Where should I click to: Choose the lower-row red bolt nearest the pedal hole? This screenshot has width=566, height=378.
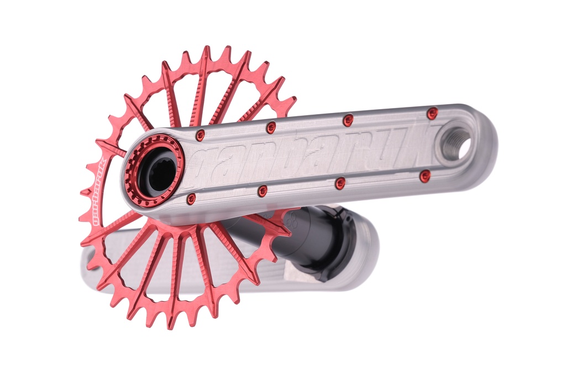coord(424,176)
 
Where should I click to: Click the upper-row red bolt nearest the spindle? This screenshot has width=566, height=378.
coord(200,135)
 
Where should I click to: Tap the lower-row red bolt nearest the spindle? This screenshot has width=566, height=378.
coord(191,198)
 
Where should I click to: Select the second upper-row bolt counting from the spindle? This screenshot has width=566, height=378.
coord(271,127)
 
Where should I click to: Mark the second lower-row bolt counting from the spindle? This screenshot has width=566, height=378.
coord(263,191)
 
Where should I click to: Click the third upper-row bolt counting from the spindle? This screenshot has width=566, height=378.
coord(348,120)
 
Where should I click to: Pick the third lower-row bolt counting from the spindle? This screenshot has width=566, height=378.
coord(340,183)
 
